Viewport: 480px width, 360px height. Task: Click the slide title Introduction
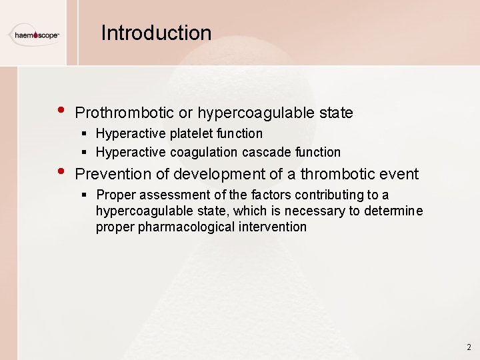(x=156, y=33)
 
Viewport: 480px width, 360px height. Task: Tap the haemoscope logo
(x=35, y=34)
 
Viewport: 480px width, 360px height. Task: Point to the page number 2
(x=469, y=347)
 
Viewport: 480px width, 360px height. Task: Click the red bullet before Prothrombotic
(x=61, y=110)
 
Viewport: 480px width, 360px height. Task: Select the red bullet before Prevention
(x=61, y=171)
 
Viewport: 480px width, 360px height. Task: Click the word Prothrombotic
(x=125, y=113)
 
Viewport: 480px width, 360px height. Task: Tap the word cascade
(x=265, y=152)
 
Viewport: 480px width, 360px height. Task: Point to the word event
(x=399, y=175)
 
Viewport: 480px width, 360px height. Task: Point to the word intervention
(x=273, y=227)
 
